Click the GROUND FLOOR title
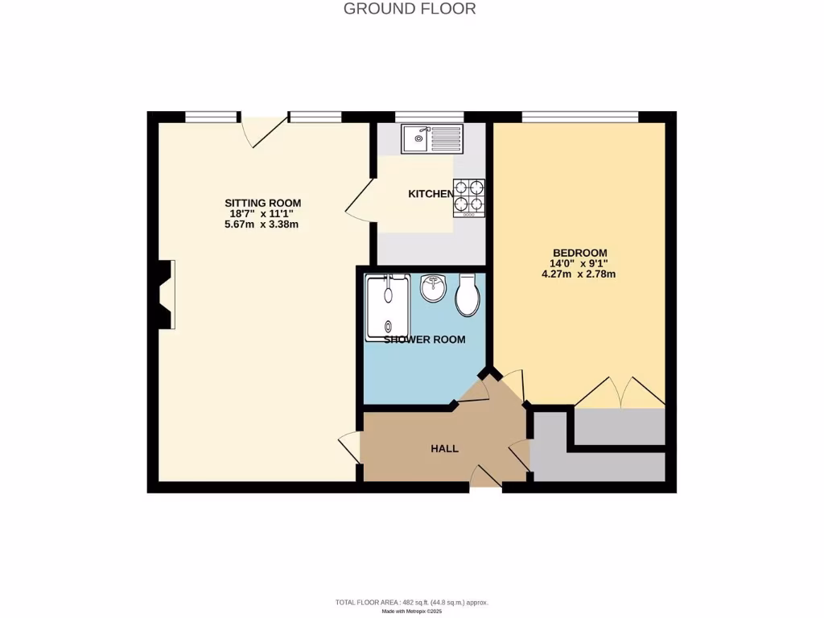(410, 9)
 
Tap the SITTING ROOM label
(262, 203)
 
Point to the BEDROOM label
(579, 252)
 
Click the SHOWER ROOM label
(424, 340)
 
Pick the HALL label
(444, 448)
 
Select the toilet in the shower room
(467, 295)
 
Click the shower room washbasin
(434, 288)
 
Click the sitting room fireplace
(165, 294)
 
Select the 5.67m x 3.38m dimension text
(262, 225)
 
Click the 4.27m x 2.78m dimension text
(579, 274)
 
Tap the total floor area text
(411, 602)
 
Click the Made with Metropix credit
(411, 612)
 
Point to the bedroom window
(579, 117)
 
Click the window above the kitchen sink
(429, 117)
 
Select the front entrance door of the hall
(485, 478)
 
